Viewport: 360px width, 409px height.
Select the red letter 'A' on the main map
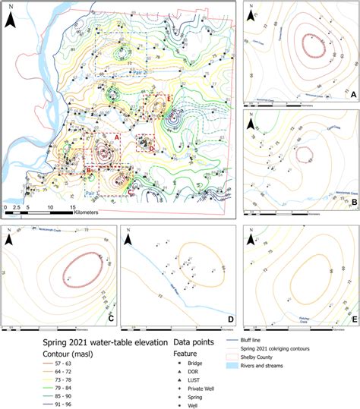coord(117,136)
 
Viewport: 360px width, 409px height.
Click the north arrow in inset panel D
coord(130,238)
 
